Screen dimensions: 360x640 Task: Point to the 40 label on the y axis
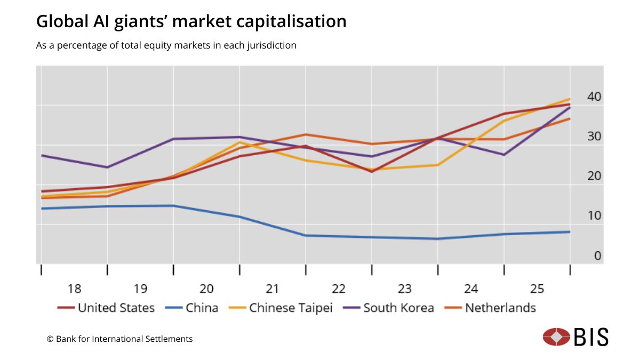(x=594, y=97)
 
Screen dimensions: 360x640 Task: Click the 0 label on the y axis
(x=598, y=256)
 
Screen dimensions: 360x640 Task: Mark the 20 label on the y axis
(x=594, y=176)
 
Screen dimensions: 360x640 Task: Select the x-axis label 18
(x=74, y=289)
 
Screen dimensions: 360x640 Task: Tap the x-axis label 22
(x=338, y=289)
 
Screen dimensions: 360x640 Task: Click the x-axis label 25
(x=537, y=289)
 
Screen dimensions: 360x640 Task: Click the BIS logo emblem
(x=557, y=337)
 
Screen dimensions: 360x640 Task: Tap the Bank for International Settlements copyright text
(x=120, y=339)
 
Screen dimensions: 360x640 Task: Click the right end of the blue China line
(x=570, y=231)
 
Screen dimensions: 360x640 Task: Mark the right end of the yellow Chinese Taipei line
(x=570, y=99)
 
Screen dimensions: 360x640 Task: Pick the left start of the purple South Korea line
(x=42, y=155)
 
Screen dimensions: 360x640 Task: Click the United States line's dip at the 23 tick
(x=371, y=171)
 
